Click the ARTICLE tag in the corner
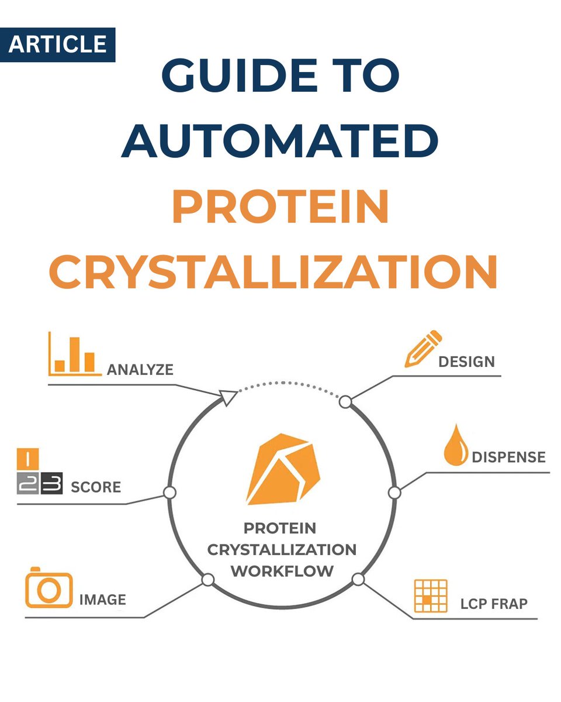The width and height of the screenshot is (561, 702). pos(57,44)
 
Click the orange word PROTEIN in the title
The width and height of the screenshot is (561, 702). pos(280,207)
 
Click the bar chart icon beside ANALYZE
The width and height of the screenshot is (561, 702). pos(74,354)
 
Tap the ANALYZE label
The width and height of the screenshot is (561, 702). pos(140,370)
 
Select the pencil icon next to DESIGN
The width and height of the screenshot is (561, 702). pos(423,349)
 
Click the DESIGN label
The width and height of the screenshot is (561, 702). pos(466,362)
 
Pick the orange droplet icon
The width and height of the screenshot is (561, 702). pos(456,448)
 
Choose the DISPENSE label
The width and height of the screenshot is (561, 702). pos(508,457)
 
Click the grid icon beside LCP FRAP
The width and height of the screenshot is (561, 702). pos(430,596)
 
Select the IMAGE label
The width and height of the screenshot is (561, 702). pos(102,600)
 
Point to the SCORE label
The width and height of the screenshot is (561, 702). pos(96,487)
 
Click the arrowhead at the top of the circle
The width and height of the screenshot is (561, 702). pos(229,398)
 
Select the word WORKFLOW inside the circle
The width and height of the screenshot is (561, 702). pos(282,570)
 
